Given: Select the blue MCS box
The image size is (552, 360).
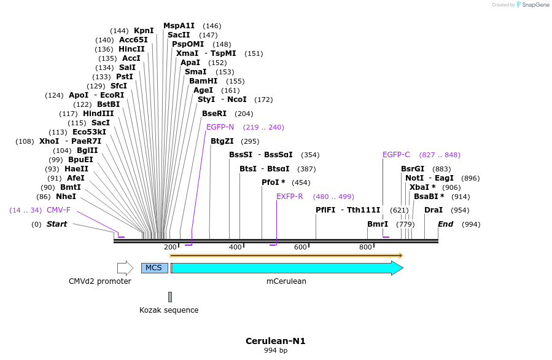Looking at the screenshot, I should [154, 268].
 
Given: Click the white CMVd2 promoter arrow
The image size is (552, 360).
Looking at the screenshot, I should [125, 268].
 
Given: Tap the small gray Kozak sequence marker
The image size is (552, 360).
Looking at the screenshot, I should [170, 297].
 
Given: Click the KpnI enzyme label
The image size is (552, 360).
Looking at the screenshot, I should [144, 31].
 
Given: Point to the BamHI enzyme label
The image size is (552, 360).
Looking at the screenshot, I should [203, 81].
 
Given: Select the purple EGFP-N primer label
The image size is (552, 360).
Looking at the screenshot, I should [220, 127].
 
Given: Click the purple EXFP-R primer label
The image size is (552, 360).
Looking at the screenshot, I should [290, 197].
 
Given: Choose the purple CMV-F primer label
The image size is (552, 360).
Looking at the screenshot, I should [58, 210].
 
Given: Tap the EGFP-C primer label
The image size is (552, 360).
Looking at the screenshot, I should [396, 155].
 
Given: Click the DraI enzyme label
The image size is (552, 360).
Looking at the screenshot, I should [433, 210].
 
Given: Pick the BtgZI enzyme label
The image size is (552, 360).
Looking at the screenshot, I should [222, 141].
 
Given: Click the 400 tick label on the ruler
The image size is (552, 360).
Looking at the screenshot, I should [235, 247].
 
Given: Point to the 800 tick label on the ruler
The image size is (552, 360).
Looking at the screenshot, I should [365, 247].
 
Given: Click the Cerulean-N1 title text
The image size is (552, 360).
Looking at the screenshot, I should [276, 341].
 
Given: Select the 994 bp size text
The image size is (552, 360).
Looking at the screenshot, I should [276, 351].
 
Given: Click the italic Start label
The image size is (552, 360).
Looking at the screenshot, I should [57, 224].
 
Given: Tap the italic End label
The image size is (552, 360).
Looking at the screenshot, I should [445, 224].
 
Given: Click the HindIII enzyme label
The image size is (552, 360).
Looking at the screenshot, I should [98, 114].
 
